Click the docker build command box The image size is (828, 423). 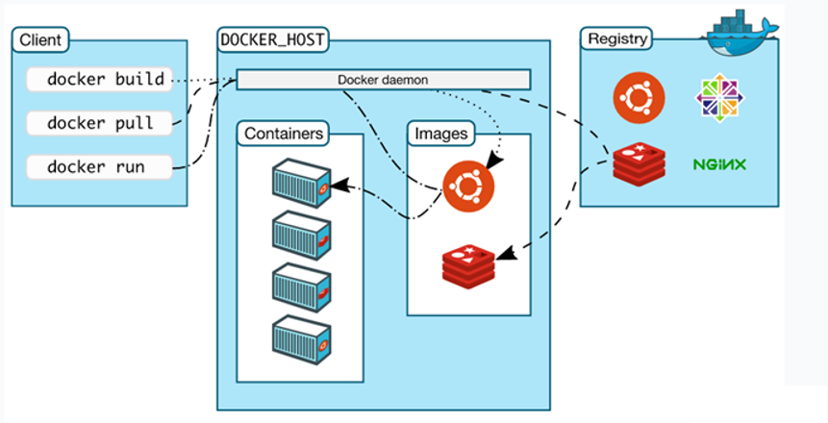coord(98,79)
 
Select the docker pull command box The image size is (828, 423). coord(98,122)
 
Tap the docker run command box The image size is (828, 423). coord(98,166)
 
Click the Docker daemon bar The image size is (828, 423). coord(383,79)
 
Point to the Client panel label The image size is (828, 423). coord(39,40)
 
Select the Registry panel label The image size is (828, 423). coord(615,40)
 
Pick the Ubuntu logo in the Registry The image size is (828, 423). coord(637,97)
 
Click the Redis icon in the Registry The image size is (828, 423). coord(637,164)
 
